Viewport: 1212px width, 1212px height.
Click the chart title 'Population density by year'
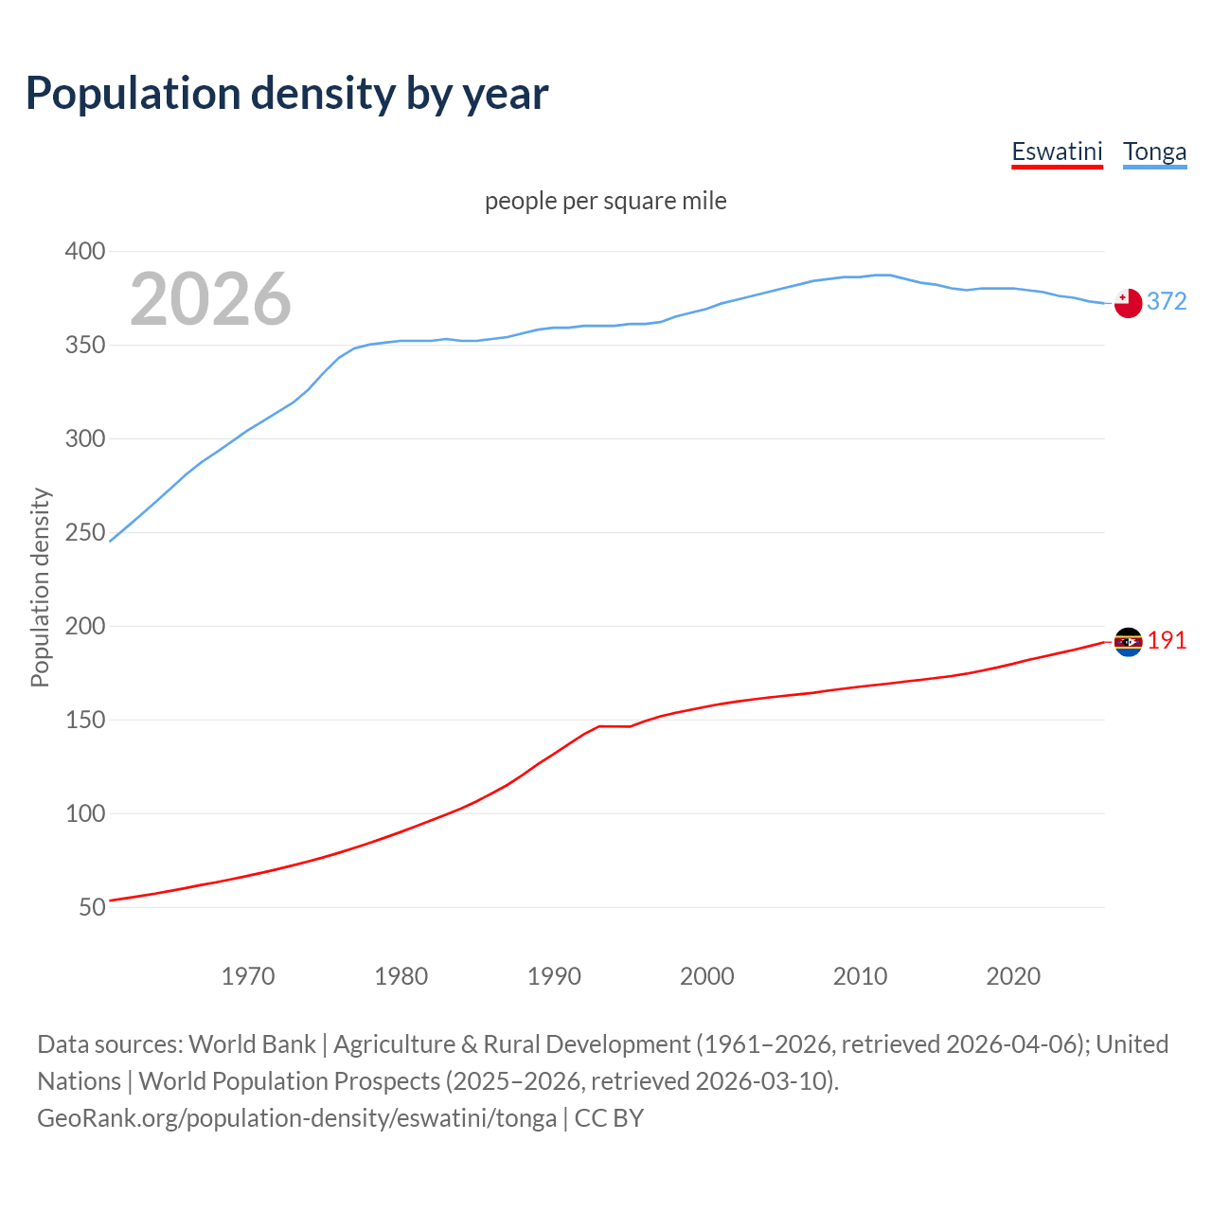(x=287, y=94)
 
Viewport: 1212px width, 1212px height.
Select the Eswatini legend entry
(x=1057, y=151)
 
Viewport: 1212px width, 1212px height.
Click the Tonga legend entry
(x=1154, y=151)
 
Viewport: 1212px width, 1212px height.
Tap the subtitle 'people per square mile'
(x=606, y=201)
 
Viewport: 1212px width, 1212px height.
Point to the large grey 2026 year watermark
(x=210, y=299)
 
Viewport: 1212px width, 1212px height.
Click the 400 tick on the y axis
(x=85, y=251)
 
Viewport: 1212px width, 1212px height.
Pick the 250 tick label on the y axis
(x=85, y=532)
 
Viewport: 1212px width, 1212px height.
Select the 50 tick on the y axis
(x=92, y=907)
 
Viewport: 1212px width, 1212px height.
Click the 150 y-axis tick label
(x=85, y=720)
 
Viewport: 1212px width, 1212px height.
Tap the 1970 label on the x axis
(x=248, y=976)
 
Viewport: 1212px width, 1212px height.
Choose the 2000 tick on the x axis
(x=707, y=976)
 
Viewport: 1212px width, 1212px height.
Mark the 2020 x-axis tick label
(x=1013, y=976)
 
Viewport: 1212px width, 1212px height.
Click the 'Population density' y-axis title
(x=40, y=587)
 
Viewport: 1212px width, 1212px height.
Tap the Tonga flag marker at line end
(x=1128, y=303)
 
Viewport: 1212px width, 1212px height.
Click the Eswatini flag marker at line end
(x=1128, y=642)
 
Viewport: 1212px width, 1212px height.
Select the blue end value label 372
(x=1167, y=301)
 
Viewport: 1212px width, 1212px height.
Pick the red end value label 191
(x=1167, y=641)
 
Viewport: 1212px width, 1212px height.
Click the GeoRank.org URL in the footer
(x=296, y=1118)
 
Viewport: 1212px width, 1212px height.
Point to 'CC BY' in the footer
(x=609, y=1118)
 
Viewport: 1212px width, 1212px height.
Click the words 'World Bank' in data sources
(x=252, y=1044)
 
